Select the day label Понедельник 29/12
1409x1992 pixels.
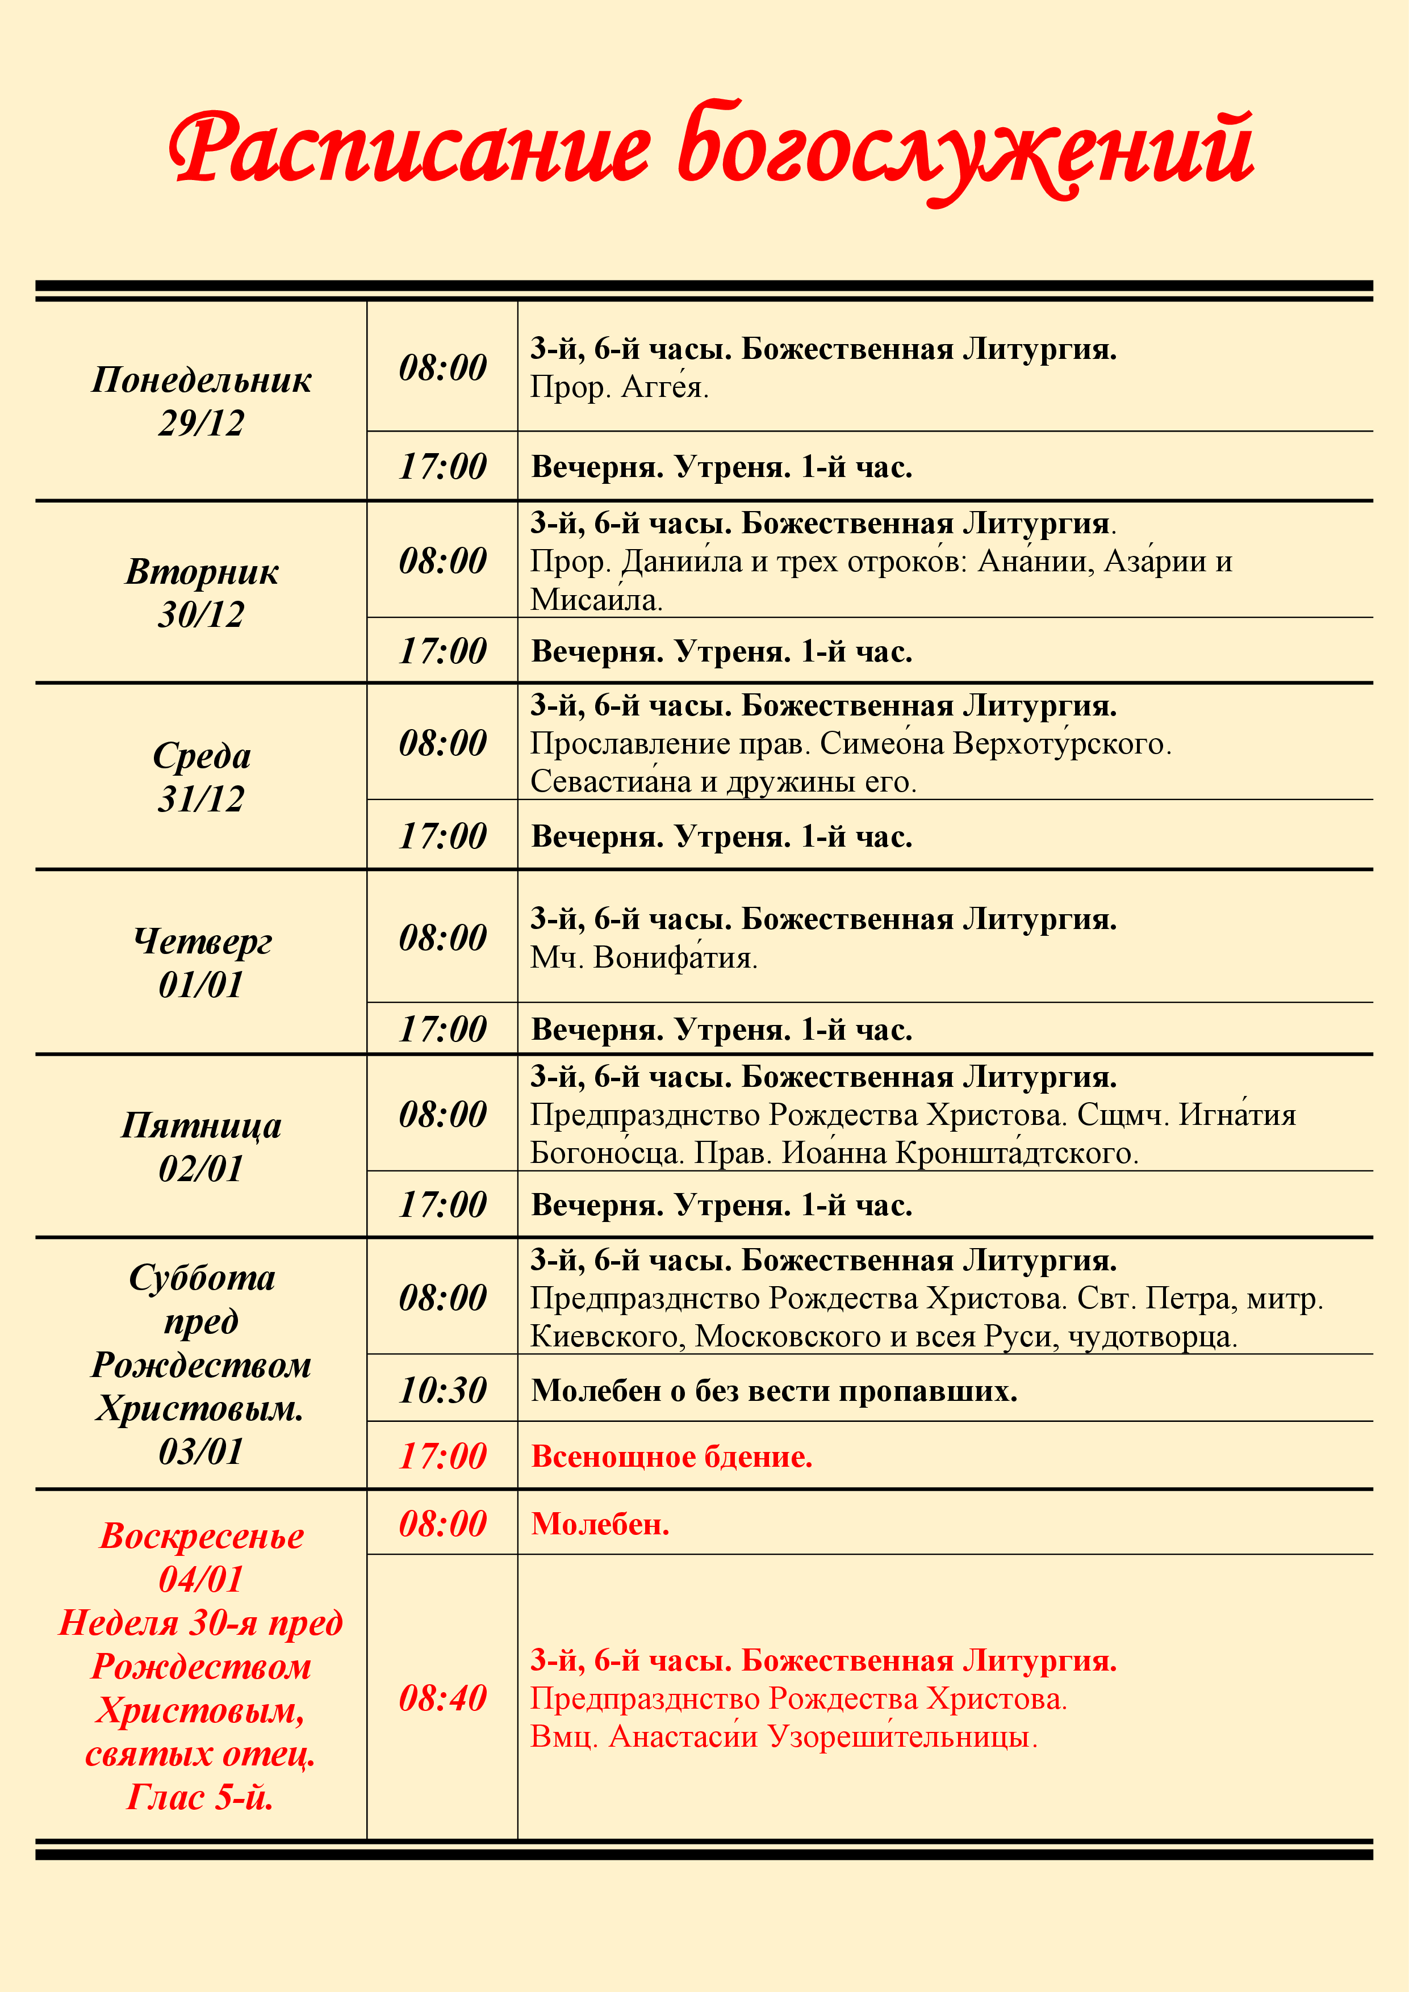click(x=201, y=401)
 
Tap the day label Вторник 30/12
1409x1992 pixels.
click(x=201, y=593)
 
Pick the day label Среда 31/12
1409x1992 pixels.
click(x=201, y=776)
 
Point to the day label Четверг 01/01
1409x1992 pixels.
click(x=201, y=962)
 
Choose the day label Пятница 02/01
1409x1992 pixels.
click(x=201, y=1146)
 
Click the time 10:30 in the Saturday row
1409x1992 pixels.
click(x=442, y=1390)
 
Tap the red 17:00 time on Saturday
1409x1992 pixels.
click(x=442, y=1456)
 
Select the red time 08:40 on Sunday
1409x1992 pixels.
click(x=442, y=1698)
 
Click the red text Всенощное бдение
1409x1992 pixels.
click(x=671, y=1457)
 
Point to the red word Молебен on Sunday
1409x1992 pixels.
click(x=600, y=1524)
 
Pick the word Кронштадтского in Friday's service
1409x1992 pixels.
click(x=1016, y=1153)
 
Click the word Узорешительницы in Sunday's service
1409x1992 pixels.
click(x=902, y=1737)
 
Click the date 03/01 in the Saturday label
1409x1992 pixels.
click(x=201, y=1451)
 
